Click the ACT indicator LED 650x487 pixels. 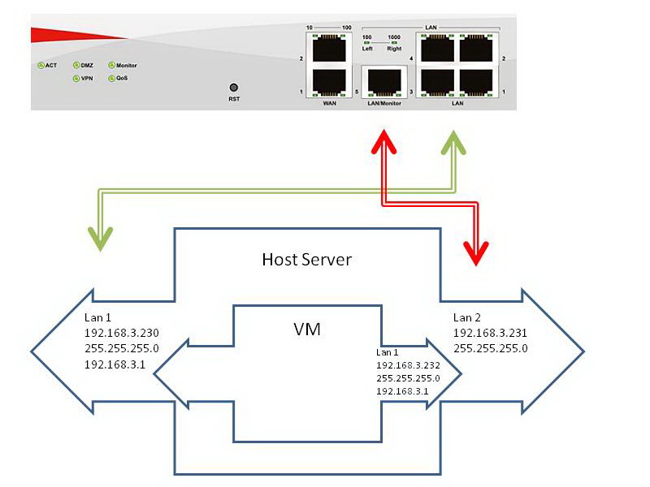point(39,65)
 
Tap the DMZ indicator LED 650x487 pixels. point(76,65)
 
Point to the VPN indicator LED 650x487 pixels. point(76,79)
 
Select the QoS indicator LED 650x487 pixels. point(110,79)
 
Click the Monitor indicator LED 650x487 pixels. point(110,65)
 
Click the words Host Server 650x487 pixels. point(306,260)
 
